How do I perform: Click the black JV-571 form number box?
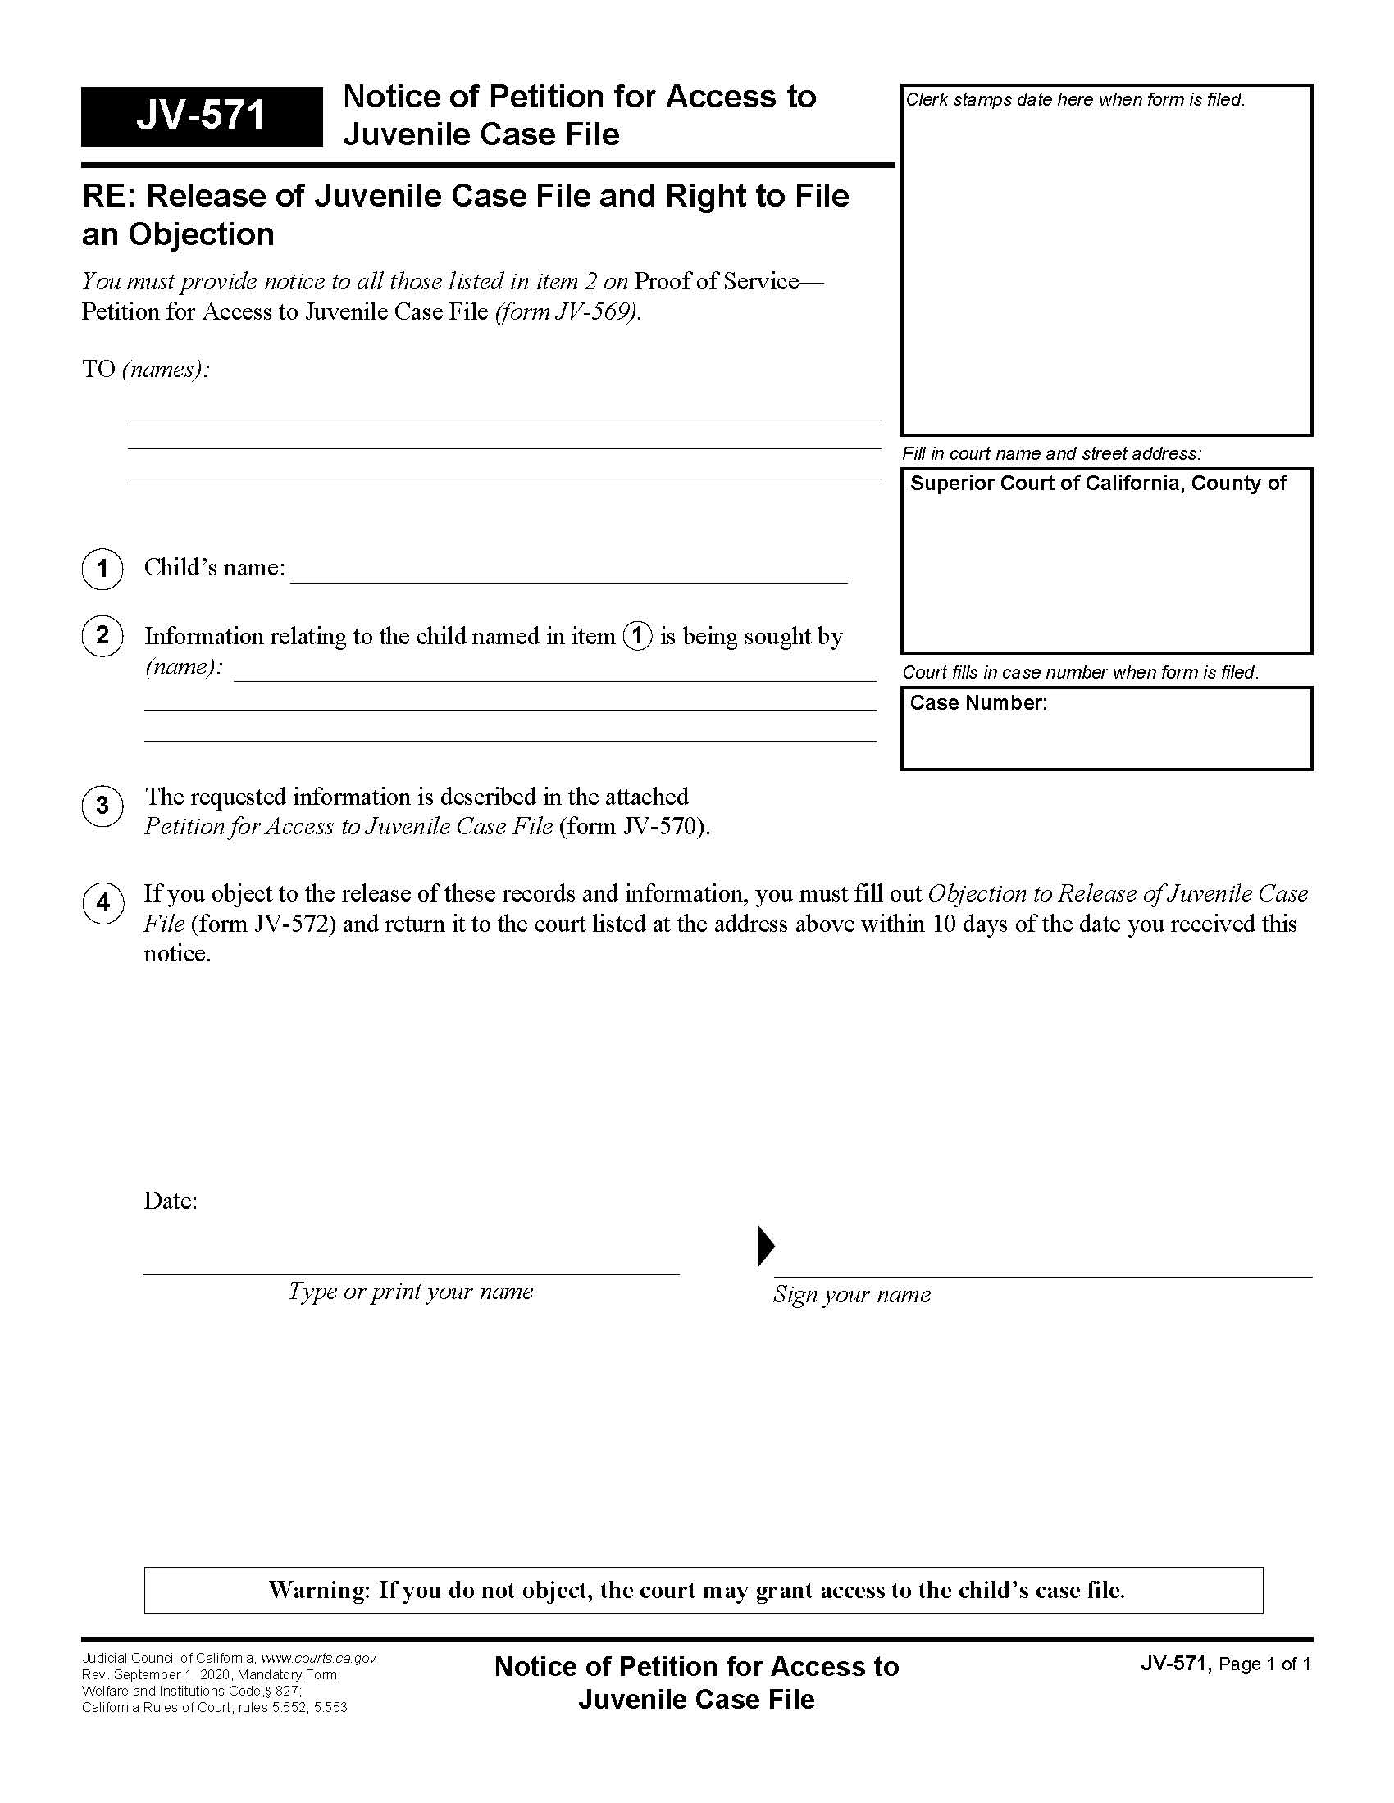pos(201,116)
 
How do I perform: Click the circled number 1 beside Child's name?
pos(102,569)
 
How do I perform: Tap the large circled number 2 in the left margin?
pos(102,636)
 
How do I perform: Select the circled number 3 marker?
pos(102,806)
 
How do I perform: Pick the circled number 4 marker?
pos(102,903)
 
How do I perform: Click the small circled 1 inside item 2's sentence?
pos(636,637)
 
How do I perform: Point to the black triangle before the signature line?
pos(766,1246)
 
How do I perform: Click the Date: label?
pos(170,1201)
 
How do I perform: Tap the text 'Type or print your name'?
pos(411,1292)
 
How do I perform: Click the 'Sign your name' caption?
pos(851,1295)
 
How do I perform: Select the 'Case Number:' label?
pos(977,703)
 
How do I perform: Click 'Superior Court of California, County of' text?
pos(1097,484)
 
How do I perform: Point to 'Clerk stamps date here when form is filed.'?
pos(1074,100)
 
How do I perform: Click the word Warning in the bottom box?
pos(319,1590)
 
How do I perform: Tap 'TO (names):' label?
pos(145,369)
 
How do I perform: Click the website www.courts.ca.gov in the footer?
pos(318,1659)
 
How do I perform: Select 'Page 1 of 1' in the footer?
pos(1264,1664)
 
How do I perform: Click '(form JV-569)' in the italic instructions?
pos(567,312)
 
